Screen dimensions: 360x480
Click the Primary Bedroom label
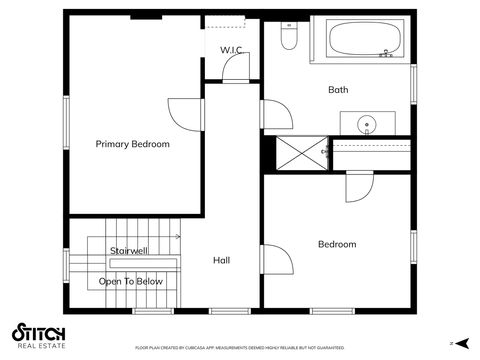point(133,144)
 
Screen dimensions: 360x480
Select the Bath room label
point(339,90)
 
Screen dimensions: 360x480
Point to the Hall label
point(222,260)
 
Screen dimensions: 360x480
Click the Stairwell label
point(130,250)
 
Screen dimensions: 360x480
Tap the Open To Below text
point(130,282)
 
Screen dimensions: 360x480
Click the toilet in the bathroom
point(289,37)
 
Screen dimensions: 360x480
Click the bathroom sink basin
point(367,125)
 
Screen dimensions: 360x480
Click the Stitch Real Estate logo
point(38,335)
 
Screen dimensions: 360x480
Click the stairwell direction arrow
point(176,237)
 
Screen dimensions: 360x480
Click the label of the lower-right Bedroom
point(337,244)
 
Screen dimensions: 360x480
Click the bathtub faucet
point(386,54)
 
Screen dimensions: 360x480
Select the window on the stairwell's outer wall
point(67,268)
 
